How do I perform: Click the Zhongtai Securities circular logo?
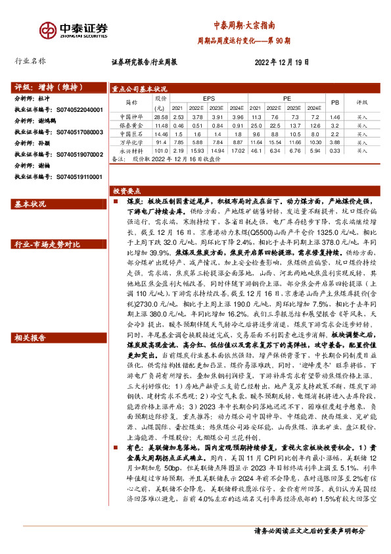[x=47, y=30]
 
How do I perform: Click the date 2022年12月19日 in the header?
[x=281, y=62]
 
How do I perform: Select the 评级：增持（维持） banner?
[x=45, y=86]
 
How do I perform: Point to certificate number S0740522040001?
[x=72, y=109]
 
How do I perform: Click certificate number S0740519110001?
[x=72, y=177]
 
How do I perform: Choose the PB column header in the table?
[x=334, y=103]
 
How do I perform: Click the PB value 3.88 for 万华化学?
[x=334, y=142]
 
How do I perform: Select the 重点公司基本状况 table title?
[x=139, y=88]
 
